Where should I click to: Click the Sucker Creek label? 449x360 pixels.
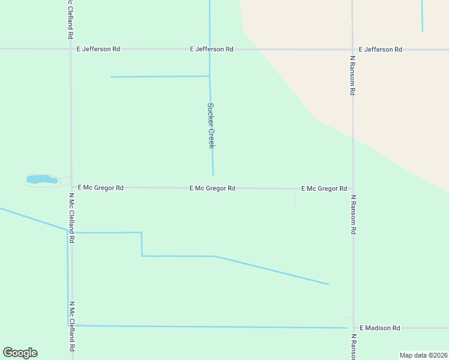(x=211, y=125)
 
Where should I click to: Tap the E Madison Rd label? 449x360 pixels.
(x=379, y=328)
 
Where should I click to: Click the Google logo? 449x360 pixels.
(x=20, y=353)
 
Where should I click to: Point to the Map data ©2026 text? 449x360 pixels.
(x=423, y=355)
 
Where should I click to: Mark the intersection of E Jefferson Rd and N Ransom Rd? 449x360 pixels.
(x=352, y=49)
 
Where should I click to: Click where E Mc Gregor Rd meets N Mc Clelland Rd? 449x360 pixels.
(x=71, y=187)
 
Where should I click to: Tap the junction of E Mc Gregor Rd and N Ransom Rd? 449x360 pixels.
(x=353, y=188)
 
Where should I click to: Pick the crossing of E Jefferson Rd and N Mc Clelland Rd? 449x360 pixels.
(x=71, y=49)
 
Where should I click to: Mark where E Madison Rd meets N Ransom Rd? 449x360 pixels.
(x=353, y=328)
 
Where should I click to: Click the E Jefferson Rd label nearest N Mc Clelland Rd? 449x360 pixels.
(x=98, y=49)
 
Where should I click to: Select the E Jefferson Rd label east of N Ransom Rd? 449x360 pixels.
(x=381, y=49)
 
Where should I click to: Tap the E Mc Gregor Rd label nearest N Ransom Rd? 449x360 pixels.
(x=324, y=188)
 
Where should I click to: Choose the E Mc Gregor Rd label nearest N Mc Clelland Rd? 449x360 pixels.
(x=101, y=188)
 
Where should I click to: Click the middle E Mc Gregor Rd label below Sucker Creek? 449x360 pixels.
(x=212, y=188)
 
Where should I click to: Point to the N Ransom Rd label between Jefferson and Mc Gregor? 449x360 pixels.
(x=353, y=76)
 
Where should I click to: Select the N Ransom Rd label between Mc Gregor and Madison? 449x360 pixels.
(x=354, y=214)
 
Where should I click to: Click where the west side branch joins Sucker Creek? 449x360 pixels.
(x=209, y=76)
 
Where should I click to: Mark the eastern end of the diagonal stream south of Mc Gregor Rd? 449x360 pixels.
(x=328, y=284)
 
